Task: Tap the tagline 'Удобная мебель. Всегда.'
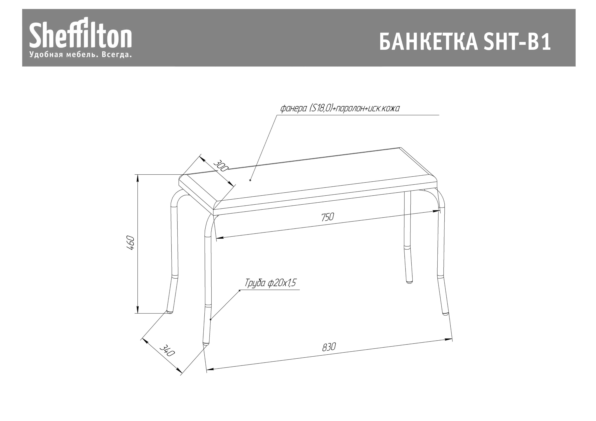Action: click(81, 55)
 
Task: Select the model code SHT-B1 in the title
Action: click(517, 42)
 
